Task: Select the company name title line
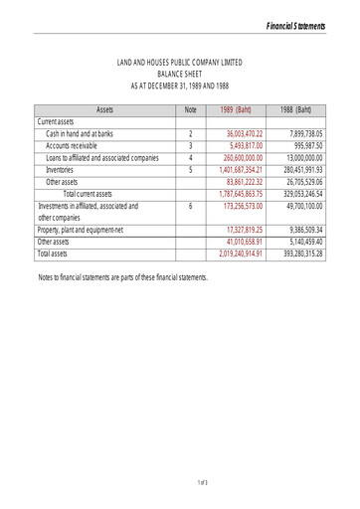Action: pyautogui.click(x=180, y=63)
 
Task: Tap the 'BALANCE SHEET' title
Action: pyautogui.click(x=180, y=74)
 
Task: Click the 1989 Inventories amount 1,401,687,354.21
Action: pyautogui.click(x=235, y=169)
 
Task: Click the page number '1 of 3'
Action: pyautogui.click(x=203, y=483)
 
